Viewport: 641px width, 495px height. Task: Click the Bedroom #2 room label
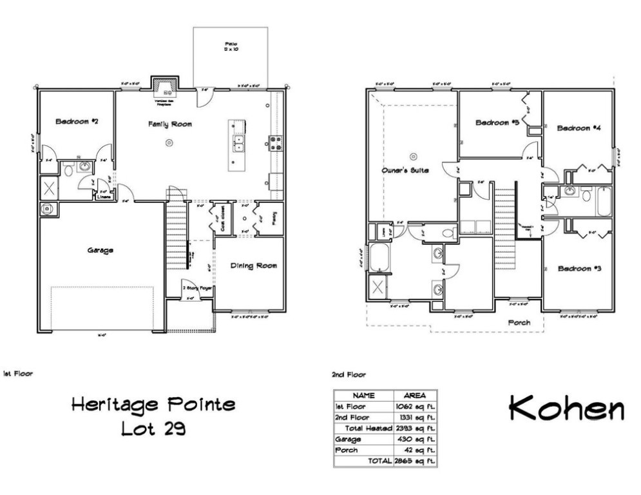76,121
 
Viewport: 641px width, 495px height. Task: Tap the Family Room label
169,124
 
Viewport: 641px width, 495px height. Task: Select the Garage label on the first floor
100,250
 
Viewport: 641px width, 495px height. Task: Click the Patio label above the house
231,45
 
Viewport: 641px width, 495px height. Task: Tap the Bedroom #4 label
579,128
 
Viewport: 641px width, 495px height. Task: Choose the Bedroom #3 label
579,268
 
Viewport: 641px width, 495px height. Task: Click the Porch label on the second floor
519,322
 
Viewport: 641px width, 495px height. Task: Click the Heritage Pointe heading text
153,405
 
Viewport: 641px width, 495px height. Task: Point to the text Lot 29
153,427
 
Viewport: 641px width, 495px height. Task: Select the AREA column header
414,395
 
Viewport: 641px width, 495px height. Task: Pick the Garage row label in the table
348,439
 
